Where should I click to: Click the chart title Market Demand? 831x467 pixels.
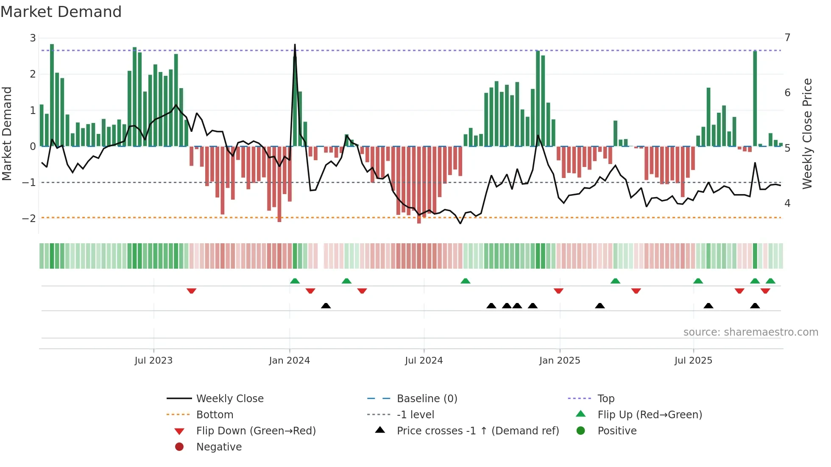click(x=61, y=12)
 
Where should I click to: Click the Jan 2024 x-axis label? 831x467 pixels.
click(x=290, y=360)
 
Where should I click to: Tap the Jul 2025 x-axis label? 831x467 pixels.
click(x=693, y=360)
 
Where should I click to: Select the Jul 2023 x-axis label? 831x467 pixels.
click(x=153, y=360)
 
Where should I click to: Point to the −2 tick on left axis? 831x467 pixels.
click(x=29, y=218)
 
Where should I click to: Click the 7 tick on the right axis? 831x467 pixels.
click(x=787, y=37)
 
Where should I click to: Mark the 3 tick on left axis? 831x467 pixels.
click(x=33, y=38)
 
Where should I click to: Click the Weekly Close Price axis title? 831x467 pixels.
click(x=807, y=133)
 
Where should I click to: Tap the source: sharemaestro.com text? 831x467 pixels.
click(x=750, y=332)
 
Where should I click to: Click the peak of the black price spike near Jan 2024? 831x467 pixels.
click(x=295, y=45)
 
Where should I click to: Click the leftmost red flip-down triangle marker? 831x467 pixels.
click(x=191, y=291)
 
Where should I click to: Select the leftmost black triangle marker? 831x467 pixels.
click(x=326, y=306)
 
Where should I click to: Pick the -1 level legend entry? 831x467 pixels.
click(x=415, y=414)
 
